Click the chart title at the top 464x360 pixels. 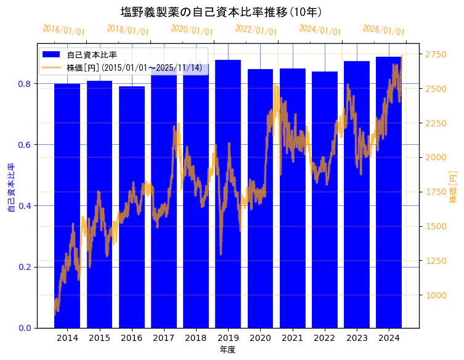point(221,12)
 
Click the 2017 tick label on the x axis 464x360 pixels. point(164,338)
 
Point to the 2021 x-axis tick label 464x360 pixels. point(292,338)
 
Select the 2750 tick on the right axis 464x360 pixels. point(436,55)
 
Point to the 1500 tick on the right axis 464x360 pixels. point(436,226)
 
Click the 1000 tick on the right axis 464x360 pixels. point(436,295)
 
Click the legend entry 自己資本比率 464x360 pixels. point(92,55)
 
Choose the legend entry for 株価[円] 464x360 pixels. point(136,67)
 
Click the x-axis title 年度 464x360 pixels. point(227,350)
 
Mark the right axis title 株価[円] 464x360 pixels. point(454,188)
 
